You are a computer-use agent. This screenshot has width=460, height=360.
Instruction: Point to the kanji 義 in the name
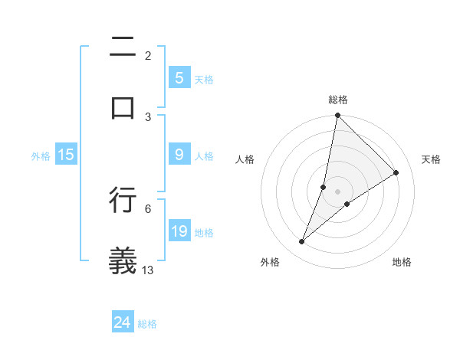point(123,260)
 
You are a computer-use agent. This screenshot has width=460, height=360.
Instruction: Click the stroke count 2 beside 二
point(147,55)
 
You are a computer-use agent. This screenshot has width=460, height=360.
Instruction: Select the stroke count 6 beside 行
point(147,208)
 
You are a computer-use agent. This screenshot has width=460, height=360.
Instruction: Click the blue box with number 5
point(179,78)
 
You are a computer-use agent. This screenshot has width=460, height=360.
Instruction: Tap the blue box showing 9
point(179,155)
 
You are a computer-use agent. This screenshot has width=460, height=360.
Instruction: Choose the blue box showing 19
point(179,231)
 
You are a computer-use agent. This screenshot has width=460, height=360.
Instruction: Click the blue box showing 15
point(66,155)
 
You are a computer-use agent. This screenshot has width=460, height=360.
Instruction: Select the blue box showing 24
point(123,322)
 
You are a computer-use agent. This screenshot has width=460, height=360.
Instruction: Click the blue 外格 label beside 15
point(41,155)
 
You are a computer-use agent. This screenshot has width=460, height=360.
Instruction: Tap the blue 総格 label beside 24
point(147,323)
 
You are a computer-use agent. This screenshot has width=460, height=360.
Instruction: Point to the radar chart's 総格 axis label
point(337,100)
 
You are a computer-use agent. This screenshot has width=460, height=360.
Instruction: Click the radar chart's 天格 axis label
point(431,159)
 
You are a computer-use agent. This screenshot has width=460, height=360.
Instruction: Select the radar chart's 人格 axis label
point(245,159)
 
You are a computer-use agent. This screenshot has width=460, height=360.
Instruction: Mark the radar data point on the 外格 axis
point(302,242)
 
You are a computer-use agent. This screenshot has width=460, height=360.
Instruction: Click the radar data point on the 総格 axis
point(337,115)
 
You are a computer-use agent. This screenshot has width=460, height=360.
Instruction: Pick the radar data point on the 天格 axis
point(396,172)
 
